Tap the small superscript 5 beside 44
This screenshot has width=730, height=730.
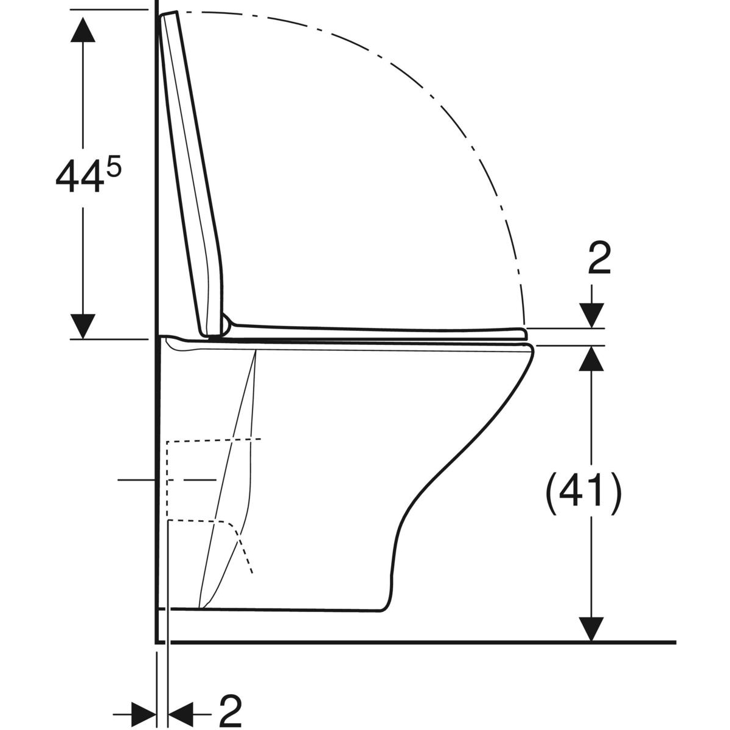coord(113,165)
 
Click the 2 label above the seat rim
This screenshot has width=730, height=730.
coord(599,259)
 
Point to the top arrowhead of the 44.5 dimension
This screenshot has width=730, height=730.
coord(83,29)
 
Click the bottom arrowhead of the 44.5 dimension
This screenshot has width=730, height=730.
coord(83,326)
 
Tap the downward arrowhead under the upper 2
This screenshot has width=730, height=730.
coord(592,316)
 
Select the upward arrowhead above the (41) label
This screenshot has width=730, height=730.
coord(592,359)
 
